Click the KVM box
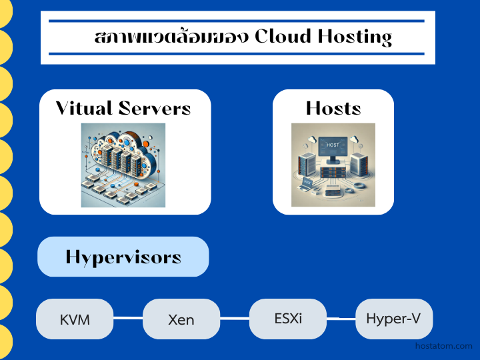pos(75,319)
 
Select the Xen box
pos(181,319)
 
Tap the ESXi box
pos(288,318)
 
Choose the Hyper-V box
pos(393,318)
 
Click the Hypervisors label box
pos(123,257)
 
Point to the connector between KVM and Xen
pos(128,319)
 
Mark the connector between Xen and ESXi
pos(235,319)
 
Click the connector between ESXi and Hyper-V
pos(341,318)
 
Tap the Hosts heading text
pos(333,108)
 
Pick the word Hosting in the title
pos(358,37)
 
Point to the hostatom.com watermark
pos(443,346)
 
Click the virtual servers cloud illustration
pos(123,165)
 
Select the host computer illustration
pos(333,165)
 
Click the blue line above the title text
pos(237,21)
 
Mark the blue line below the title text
pos(237,53)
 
